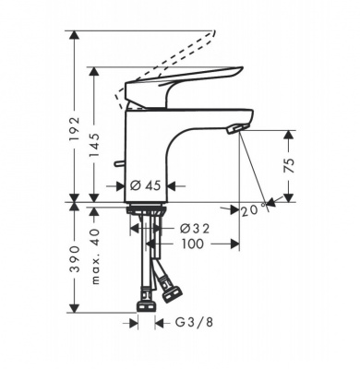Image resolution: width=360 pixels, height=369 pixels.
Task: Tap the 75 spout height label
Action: point(288,165)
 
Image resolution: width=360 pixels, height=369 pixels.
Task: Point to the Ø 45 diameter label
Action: point(145,185)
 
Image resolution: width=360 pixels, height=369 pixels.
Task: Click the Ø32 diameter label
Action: point(195,229)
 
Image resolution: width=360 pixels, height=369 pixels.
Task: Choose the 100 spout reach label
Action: point(192,244)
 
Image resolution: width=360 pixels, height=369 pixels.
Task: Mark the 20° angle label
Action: point(253,210)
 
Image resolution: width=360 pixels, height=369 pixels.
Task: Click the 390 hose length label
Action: point(74,258)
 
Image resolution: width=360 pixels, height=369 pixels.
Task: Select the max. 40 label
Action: point(95,256)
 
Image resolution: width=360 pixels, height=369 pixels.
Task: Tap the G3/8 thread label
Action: point(194,322)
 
